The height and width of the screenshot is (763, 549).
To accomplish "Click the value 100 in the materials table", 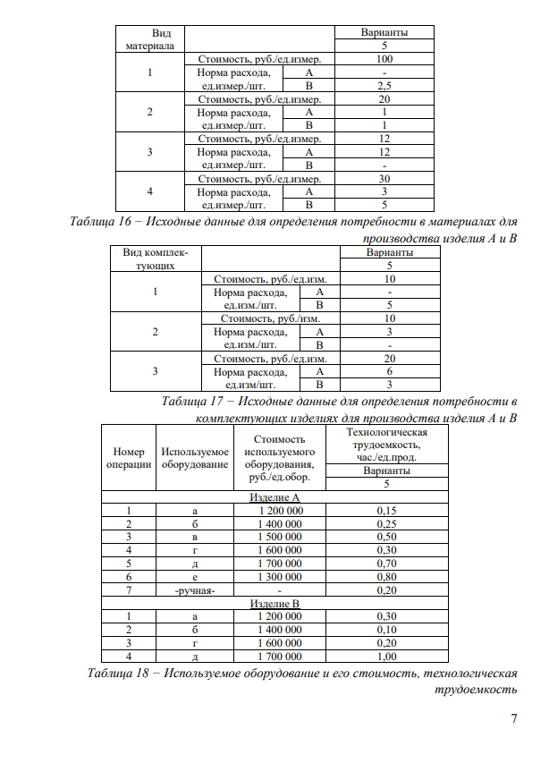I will point(384,59).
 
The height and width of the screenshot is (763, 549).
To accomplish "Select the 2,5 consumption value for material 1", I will point(384,86).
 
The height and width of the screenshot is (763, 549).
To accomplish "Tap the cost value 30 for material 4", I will point(384,178).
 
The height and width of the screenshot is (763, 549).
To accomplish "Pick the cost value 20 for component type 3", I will point(389,359).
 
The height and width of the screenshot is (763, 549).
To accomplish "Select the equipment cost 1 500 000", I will point(280,537).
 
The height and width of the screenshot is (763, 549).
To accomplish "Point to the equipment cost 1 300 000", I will point(280,577).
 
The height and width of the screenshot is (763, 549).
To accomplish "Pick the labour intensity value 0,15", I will point(387,511).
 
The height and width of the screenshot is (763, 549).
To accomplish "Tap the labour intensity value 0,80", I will point(387,577).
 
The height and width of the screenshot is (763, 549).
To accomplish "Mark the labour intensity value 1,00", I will point(387,657).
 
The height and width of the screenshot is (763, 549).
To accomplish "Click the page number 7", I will point(513,719).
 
